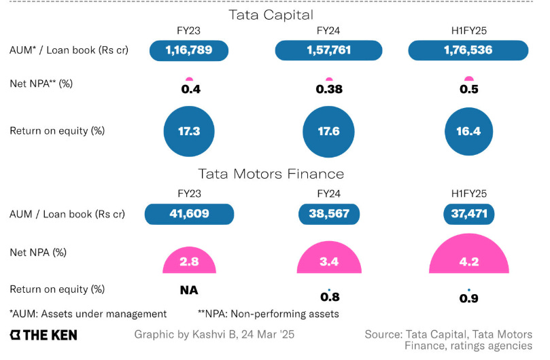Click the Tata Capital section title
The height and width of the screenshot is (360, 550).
click(275, 14)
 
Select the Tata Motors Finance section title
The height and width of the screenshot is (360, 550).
click(275, 175)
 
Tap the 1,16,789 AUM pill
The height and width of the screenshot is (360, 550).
click(189, 50)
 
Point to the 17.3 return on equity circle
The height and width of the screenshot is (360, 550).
click(189, 131)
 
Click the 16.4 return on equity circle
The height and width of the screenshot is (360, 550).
click(468, 131)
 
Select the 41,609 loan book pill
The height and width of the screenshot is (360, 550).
click(189, 213)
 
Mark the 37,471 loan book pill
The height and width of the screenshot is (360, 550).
click(468, 213)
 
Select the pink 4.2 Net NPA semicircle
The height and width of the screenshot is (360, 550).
click(468, 257)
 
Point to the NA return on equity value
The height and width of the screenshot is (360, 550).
click(189, 290)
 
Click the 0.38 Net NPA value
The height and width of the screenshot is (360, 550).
click(329, 89)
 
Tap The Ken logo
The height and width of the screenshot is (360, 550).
click(44, 335)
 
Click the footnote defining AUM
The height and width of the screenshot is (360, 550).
click(88, 314)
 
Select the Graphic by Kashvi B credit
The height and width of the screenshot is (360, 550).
click(214, 335)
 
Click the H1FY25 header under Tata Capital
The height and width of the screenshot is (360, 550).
click(468, 30)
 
